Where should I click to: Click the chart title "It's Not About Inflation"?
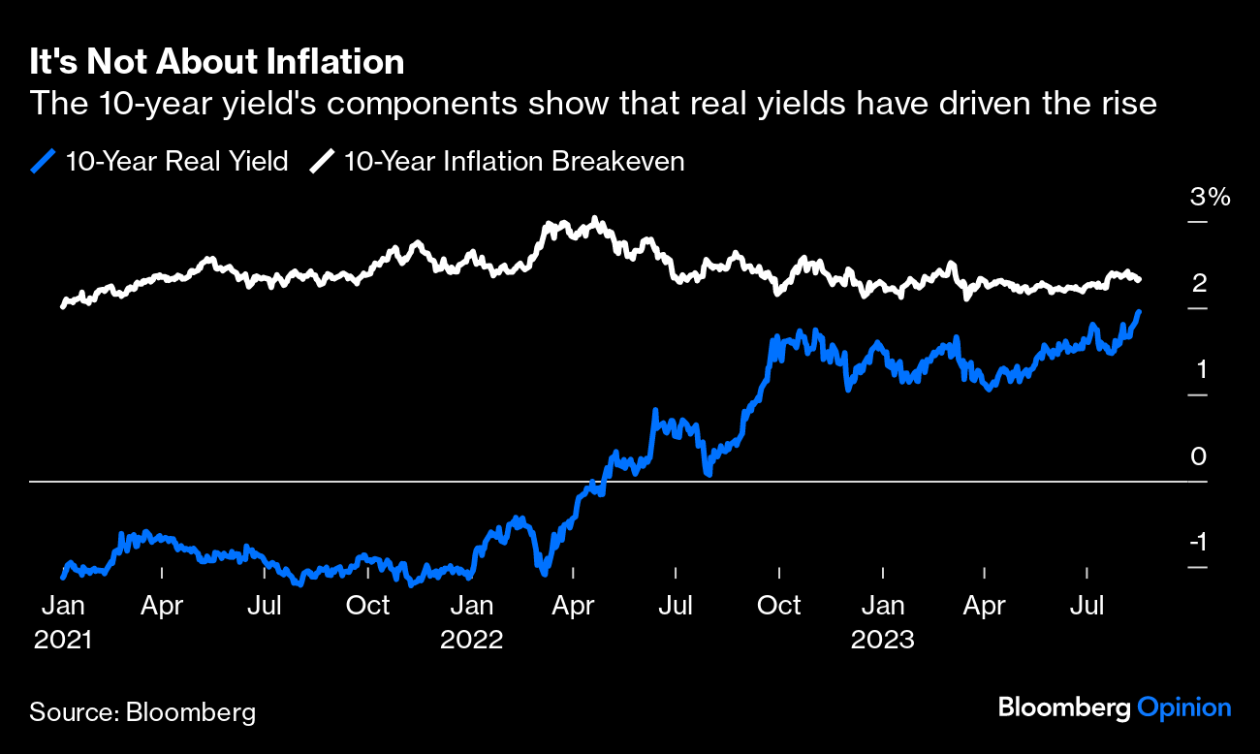point(216,63)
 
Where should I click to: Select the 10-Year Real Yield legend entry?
point(161,161)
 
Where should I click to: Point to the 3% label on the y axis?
point(1210,198)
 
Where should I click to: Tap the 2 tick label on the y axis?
point(1199,284)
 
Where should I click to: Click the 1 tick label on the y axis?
point(1199,370)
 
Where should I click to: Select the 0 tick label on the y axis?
point(1199,456)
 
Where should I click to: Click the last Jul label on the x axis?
point(1087,607)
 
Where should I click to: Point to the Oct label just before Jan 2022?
point(368,607)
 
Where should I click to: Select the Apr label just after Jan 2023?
point(985,607)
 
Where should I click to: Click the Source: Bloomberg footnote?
point(142,712)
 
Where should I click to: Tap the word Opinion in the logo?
point(1183,708)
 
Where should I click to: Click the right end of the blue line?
point(1139,312)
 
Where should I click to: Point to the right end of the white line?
point(1138,279)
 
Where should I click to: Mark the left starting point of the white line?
point(63,305)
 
